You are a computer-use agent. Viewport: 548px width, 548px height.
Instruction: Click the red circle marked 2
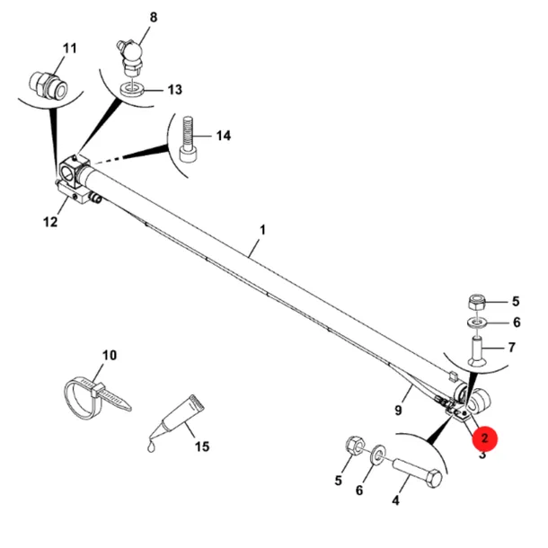click(484, 438)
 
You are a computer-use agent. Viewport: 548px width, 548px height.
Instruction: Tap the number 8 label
click(154, 17)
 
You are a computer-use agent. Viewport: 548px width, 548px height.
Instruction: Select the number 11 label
click(69, 49)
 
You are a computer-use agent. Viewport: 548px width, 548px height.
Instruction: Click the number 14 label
click(224, 136)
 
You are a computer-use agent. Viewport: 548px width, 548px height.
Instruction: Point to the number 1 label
click(263, 230)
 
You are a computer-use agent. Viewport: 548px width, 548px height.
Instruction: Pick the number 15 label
click(202, 446)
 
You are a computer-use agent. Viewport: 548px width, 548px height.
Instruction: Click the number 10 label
click(109, 355)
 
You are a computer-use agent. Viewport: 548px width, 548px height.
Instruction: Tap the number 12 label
click(50, 222)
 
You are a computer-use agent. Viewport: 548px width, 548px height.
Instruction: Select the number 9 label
click(398, 410)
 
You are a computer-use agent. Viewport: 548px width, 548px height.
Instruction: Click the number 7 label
click(512, 348)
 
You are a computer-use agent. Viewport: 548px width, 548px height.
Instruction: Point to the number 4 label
click(395, 500)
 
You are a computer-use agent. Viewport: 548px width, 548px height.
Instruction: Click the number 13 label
click(175, 90)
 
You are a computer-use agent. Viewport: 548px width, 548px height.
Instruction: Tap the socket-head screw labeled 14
click(188, 139)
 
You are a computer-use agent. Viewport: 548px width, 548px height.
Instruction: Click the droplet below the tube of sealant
click(151, 446)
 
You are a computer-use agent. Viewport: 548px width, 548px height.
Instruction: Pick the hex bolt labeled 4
click(418, 473)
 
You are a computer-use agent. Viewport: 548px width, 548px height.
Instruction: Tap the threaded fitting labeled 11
click(48, 84)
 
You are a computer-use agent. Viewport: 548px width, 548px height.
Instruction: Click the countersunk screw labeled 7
click(476, 351)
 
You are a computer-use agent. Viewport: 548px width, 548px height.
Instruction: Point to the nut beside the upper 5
click(475, 303)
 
